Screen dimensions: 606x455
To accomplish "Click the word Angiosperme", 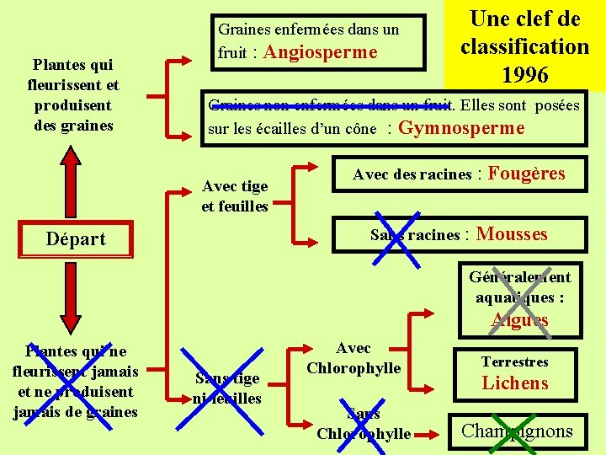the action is click(x=321, y=52).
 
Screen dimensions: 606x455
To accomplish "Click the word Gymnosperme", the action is click(x=460, y=128).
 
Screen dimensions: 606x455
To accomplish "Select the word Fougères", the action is click(x=526, y=174).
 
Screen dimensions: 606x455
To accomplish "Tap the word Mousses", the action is click(x=512, y=234).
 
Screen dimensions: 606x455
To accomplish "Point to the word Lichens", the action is click(x=514, y=383).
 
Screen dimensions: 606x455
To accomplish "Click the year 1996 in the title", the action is click(x=525, y=75).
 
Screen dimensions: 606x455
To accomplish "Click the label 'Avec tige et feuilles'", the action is click(x=235, y=196).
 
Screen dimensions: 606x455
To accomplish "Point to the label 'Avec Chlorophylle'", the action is click(x=353, y=358).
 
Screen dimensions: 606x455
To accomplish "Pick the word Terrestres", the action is click(x=514, y=361).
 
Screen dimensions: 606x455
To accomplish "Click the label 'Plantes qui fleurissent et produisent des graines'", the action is click(x=73, y=94).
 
